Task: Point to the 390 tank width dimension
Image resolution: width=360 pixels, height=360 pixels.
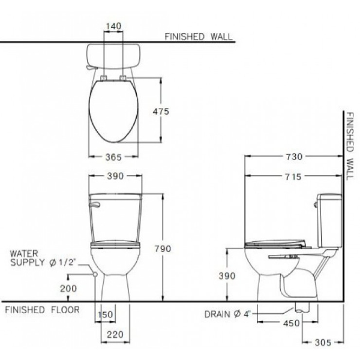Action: pyautogui.click(x=115, y=176)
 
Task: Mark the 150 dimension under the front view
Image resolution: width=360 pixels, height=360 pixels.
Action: pyautogui.click(x=106, y=315)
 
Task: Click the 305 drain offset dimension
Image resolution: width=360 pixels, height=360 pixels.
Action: pyautogui.click(x=323, y=343)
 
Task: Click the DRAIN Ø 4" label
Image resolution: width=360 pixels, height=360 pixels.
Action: pyautogui.click(x=232, y=314)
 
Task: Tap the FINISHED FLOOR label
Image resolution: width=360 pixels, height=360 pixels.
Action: pyautogui.click(x=41, y=310)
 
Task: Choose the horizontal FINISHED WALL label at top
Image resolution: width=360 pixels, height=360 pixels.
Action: pyautogui.click(x=198, y=37)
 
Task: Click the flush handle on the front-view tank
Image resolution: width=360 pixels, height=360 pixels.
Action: pyautogui.click(x=94, y=205)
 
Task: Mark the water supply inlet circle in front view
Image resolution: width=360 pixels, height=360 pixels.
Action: pyautogui.click(x=95, y=274)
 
